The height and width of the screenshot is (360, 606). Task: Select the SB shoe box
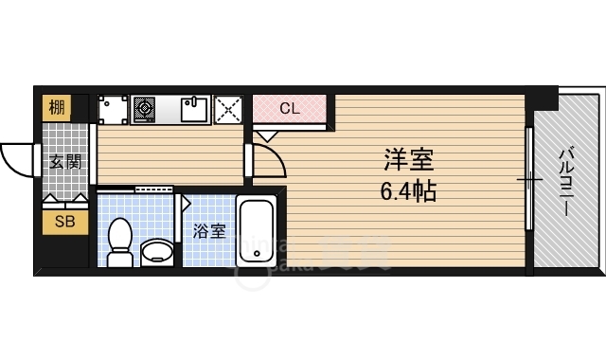(x=65, y=223)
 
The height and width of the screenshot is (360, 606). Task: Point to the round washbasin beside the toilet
(x=157, y=252)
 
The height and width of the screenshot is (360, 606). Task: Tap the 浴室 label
(x=209, y=230)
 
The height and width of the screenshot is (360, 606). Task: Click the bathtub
(x=256, y=232)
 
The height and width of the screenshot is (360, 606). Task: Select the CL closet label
(x=289, y=108)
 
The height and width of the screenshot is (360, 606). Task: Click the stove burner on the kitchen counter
(x=145, y=110)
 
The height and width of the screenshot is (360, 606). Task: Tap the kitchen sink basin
(x=194, y=111)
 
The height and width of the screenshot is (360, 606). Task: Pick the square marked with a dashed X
(x=229, y=110)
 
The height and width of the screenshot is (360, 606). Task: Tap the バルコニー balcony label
(x=565, y=180)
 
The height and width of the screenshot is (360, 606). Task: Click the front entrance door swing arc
(x=17, y=159)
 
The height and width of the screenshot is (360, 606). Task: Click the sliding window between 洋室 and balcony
(x=527, y=180)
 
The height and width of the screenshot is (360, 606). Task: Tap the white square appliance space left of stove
(x=113, y=110)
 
